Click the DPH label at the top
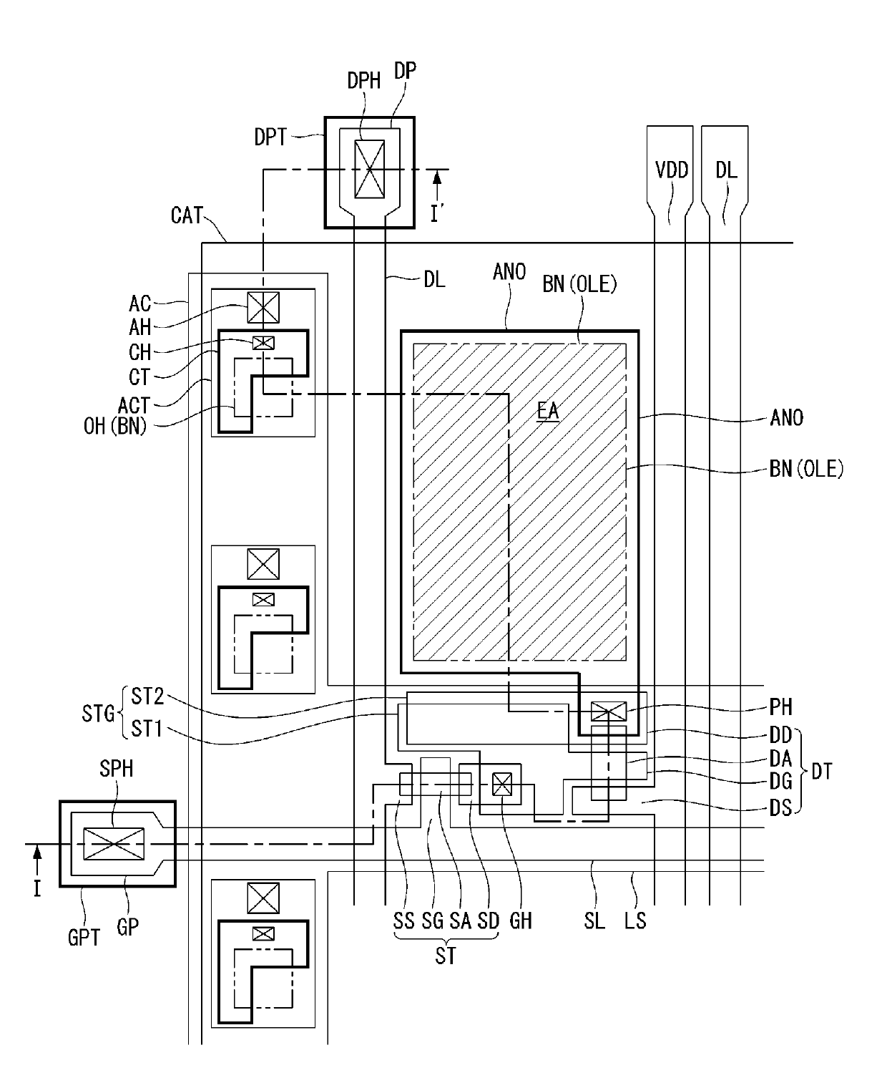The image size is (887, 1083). [363, 81]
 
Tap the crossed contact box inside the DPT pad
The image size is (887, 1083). [370, 169]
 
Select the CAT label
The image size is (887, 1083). [187, 215]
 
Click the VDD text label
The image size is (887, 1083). [672, 170]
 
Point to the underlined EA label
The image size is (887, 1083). [548, 411]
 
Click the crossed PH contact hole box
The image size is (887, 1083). [608, 712]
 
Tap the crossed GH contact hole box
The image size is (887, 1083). [502, 784]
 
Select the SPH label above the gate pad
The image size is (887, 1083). [116, 769]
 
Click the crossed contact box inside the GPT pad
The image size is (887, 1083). [114, 844]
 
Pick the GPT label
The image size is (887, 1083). [84, 938]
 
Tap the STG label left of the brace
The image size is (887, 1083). [98, 714]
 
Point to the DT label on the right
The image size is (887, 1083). [821, 772]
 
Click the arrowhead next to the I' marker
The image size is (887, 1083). [437, 178]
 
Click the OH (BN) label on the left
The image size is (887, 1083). [115, 426]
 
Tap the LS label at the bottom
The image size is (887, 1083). [635, 921]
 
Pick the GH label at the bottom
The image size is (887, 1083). [521, 921]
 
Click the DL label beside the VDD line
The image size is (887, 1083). [726, 170]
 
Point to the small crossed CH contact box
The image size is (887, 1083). [263, 343]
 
